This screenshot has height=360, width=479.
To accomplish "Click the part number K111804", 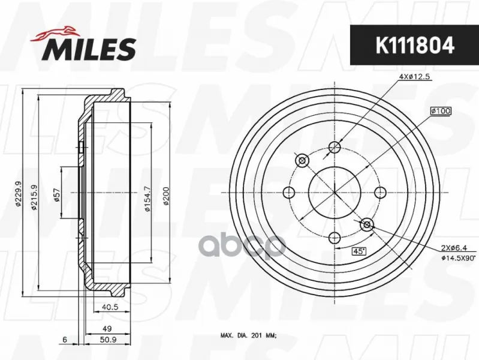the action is pyautogui.click(x=414, y=45).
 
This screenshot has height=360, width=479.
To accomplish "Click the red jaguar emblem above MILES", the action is pyautogui.click(x=53, y=34).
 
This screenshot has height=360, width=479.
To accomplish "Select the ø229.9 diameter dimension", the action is pyautogui.click(x=18, y=193).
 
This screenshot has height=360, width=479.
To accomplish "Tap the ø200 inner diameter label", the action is pyautogui.click(x=166, y=196).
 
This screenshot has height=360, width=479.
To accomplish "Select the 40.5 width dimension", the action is pyautogui.click(x=111, y=307).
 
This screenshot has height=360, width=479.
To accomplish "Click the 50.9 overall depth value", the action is pyautogui.click(x=109, y=340).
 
